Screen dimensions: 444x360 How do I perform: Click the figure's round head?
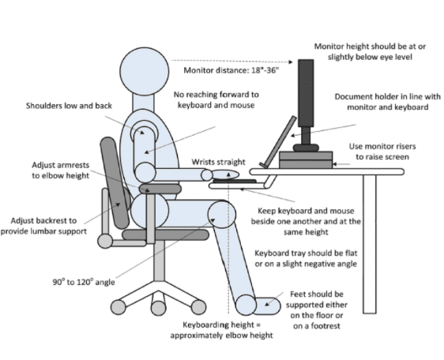(145, 71)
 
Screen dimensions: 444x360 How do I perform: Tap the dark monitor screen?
(306, 93)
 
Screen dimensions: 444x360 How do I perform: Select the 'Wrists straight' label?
(218, 162)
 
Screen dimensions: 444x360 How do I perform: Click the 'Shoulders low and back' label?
(69, 106)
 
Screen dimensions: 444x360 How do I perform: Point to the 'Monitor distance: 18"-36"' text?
(231, 70)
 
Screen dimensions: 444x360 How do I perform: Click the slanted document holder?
(278, 141)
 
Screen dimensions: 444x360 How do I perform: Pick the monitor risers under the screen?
(306, 160)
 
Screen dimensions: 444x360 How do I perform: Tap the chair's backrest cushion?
(115, 183)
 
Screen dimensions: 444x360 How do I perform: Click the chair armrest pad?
(160, 189)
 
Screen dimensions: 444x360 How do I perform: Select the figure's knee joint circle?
(222, 215)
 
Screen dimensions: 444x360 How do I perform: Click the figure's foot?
(266, 306)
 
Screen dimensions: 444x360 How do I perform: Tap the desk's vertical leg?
(370, 244)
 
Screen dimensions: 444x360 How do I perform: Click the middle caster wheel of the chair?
(159, 308)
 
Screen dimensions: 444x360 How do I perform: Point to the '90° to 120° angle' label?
(84, 282)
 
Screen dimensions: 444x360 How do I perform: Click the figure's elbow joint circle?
(145, 172)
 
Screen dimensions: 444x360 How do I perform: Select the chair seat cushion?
(166, 235)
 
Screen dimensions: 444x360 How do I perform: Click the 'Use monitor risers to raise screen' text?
(382, 152)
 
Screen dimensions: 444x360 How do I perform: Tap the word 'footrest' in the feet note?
(325, 326)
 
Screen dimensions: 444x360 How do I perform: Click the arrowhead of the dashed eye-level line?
(291, 62)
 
